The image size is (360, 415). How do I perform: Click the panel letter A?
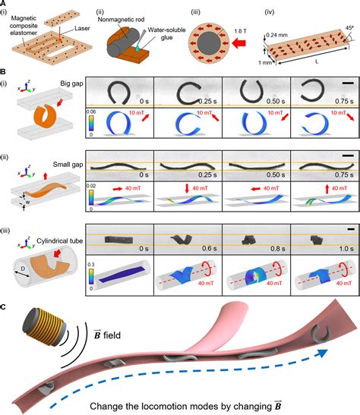click(5, 5)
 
